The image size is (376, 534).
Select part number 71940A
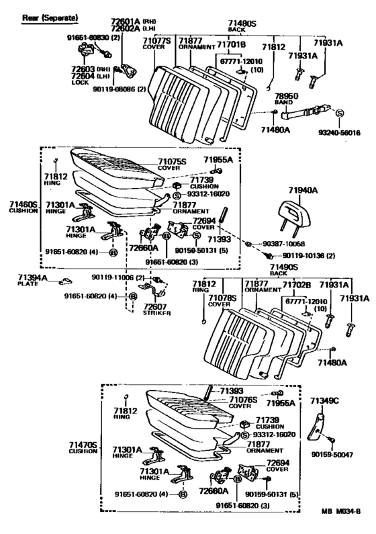(291, 191)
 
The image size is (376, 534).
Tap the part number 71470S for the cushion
(83, 444)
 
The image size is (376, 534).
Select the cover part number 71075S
(174, 161)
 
